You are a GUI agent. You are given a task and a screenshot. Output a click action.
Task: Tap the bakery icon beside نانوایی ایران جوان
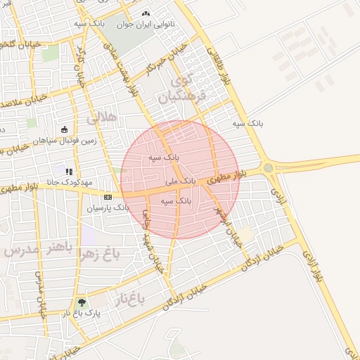pyautogui.click(x=146, y=13)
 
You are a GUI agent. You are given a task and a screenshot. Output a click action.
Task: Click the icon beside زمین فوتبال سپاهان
pyautogui.click(x=65, y=129)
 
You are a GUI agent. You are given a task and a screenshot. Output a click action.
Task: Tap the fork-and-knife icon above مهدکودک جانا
pyautogui.click(x=69, y=171)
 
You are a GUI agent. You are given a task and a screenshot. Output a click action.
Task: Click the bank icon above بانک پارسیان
pyautogui.click(x=108, y=197)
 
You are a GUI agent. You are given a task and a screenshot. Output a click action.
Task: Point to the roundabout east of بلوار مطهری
pyautogui.click(x=268, y=168)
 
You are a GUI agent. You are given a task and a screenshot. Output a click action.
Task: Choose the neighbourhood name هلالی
pyautogui.click(x=101, y=120)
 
